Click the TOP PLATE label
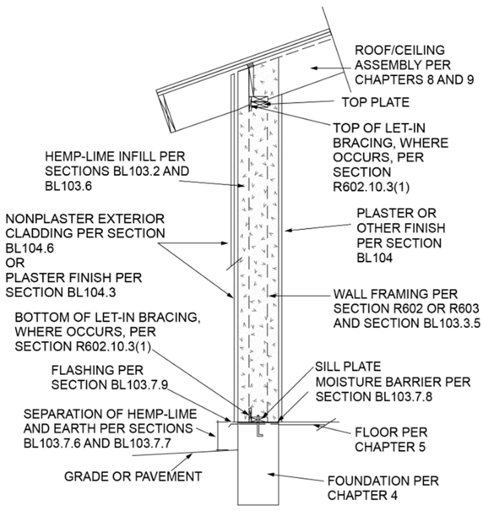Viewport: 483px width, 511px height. pyautogui.click(x=375, y=102)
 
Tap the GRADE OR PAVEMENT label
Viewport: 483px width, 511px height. pyautogui.click(x=133, y=476)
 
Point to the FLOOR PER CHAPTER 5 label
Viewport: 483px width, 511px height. pyautogui.click(x=391, y=439)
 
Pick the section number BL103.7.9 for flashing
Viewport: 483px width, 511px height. pyautogui.click(x=140, y=385)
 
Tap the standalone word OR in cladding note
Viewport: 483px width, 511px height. pyautogui.click(x=15, y=263)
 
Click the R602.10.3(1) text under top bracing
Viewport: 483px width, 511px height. pyautogui.click(x=371, y=187)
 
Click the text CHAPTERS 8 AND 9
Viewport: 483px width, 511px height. pyautogui.click(x=414, y=80)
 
